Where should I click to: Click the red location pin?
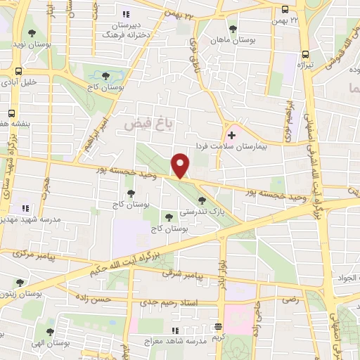tap(181, 165)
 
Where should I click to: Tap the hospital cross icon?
tap(231, 134)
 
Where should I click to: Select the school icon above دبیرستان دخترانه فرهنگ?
tap(126, 14)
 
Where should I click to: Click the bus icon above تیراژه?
tap(305, 53)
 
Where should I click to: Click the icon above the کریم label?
tap(219, 326)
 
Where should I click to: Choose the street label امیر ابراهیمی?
tap(96, 127)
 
